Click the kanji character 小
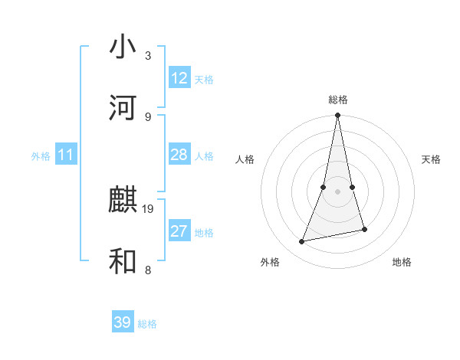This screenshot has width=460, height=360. coord(123,47)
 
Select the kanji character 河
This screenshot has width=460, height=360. coord(123,108)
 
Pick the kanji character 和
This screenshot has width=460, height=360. coord(123,261)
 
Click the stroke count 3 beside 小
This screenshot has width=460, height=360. coord(148,56)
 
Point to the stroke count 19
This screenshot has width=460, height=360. coord(149,208)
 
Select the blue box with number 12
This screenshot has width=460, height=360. coord(179,78)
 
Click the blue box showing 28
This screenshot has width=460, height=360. coord(179,155)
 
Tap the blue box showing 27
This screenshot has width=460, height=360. coord(179,231)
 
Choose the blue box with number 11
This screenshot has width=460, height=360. coord(66,155)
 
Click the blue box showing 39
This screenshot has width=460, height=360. coord(123,322)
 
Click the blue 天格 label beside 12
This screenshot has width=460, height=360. coord(204,79)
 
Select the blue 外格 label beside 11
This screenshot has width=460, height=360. coord(41,155)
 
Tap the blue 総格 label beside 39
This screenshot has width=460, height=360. coord(147,323)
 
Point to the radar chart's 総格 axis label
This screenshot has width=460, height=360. coord(338,100)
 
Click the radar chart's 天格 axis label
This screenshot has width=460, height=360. coord(432,159)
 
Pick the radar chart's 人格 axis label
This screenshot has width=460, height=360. coord(245,159)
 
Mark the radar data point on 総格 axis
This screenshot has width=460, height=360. coord(338,116)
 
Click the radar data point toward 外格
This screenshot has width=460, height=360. coord(302,242)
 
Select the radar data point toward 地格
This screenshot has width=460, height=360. coord(364,229)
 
